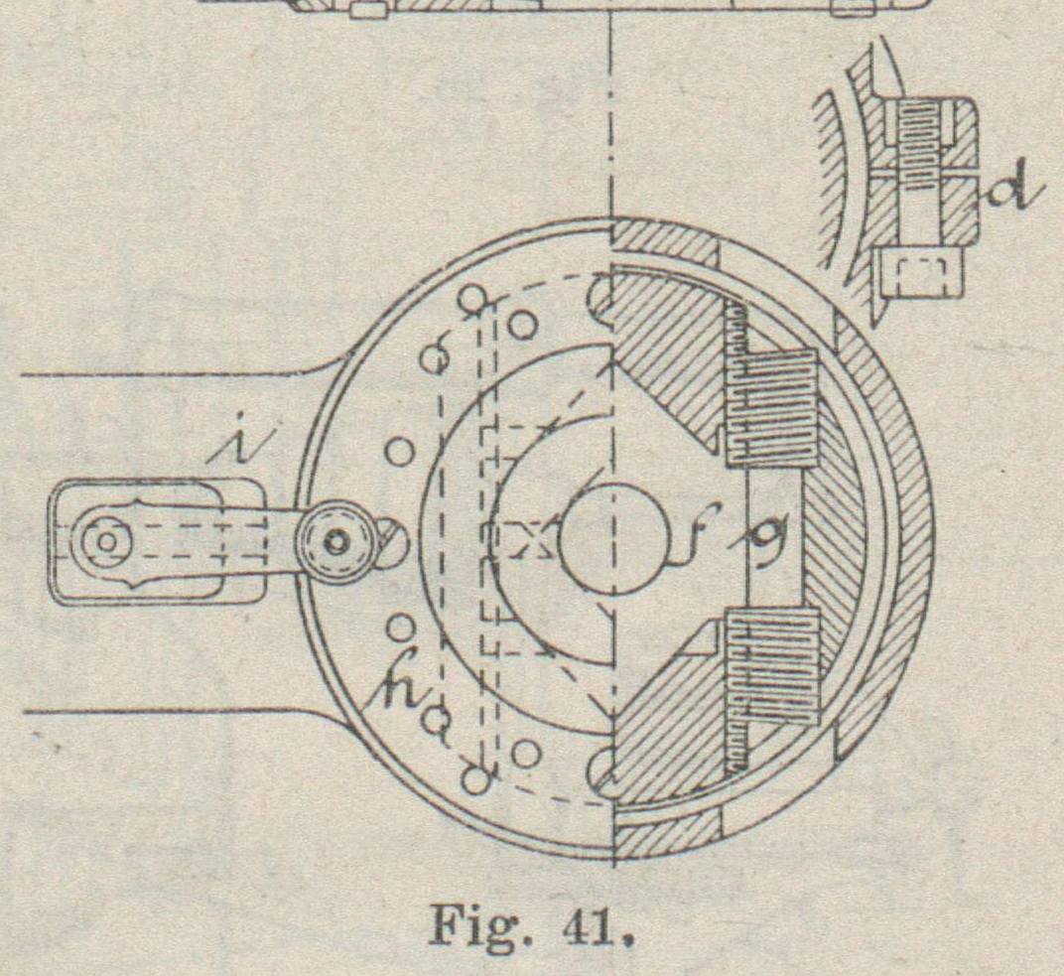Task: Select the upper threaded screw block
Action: click(773, 407)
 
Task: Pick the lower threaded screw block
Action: click(773, 663)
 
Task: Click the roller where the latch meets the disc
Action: click(337, 541)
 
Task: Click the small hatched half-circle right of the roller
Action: click(391, 541)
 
